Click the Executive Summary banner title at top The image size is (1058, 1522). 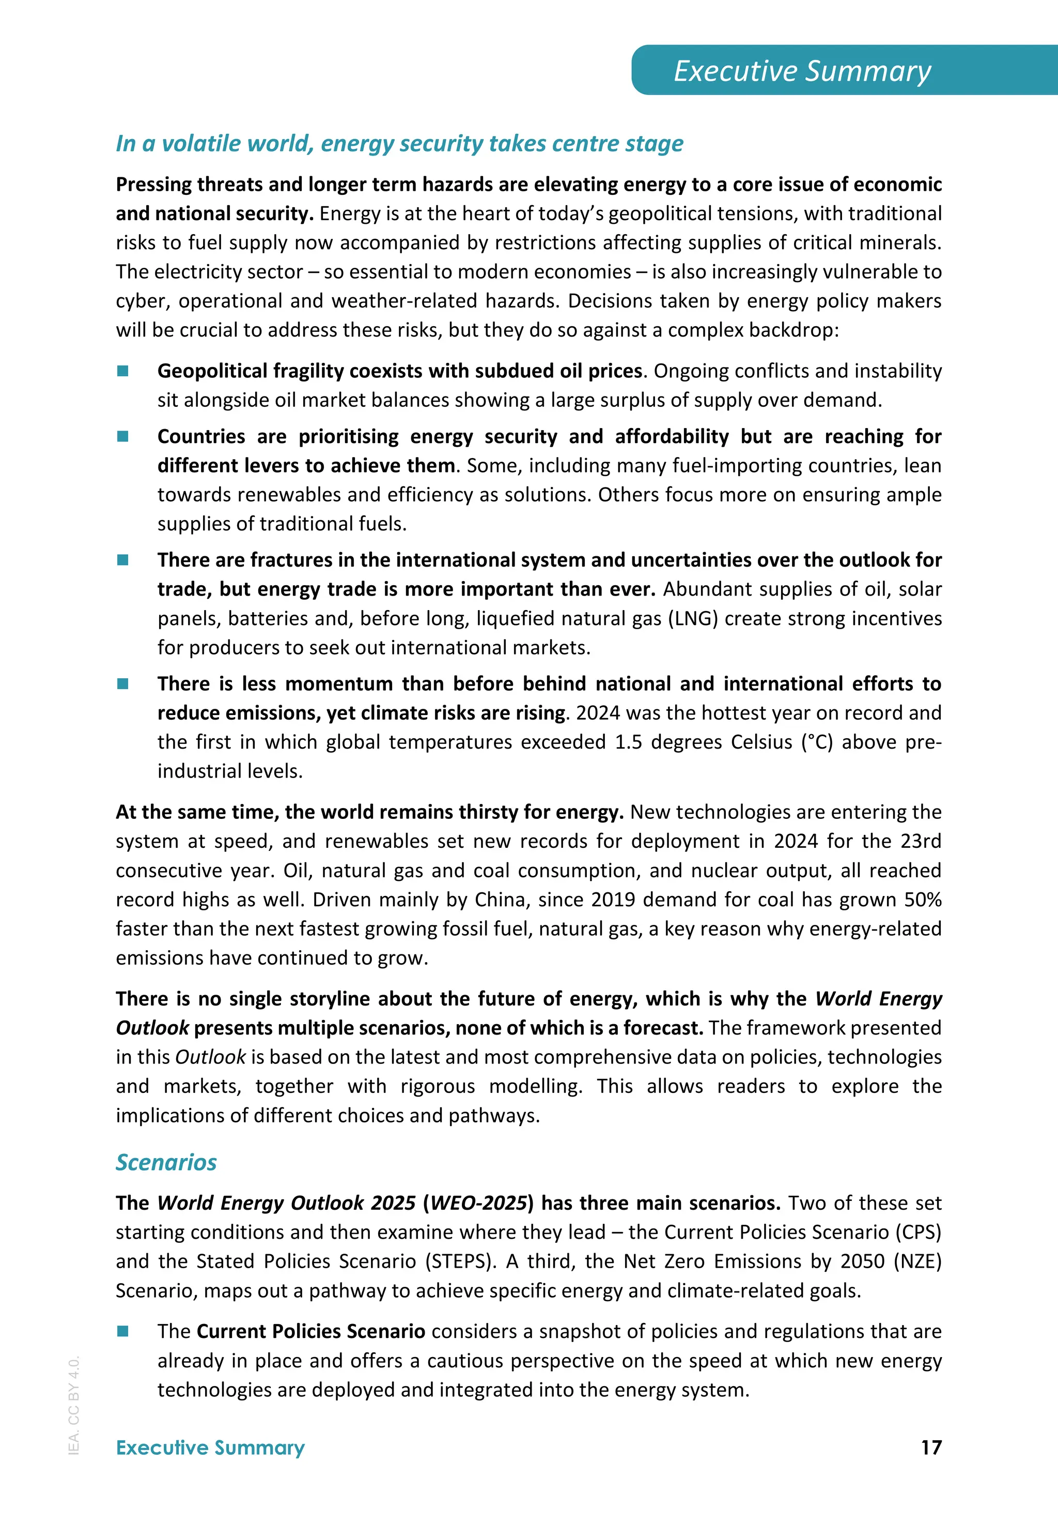(x=802, y=71)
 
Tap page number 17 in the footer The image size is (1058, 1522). (x=931, y=1447)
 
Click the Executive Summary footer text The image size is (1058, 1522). (x=210, y=1447)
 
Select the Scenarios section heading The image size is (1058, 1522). (x=166, y=1162)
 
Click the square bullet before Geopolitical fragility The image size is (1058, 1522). (x=122, y=371)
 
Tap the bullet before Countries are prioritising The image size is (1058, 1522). (x=122, y=436)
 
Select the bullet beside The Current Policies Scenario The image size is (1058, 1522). (x=122, y=1331)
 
